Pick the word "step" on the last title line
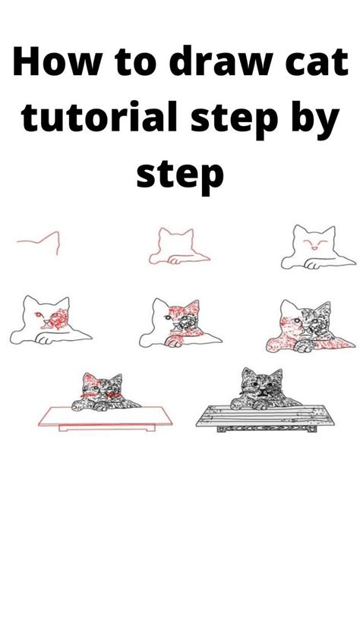[180, 175]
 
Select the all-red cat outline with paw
[178, 247]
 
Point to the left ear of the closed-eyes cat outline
[299, 231]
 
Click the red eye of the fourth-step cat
[41, 314]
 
